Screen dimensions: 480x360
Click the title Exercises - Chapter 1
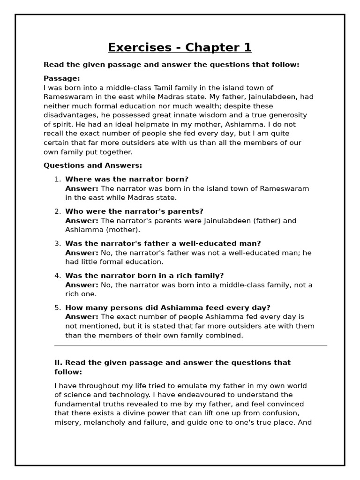[x=180, y=47]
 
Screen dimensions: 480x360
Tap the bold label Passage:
[x=62, y=78]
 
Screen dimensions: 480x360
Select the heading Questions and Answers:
[x=92, y=165]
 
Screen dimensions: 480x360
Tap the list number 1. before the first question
[x=57, y=179]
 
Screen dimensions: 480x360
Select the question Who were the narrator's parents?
[x=134, y=211]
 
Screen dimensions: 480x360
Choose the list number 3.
[x=57, y=243]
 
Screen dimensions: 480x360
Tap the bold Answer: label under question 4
[x=82, y=285]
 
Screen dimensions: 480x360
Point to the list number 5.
[x=57, y=307]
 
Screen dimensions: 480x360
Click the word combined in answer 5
[x=227, y=335]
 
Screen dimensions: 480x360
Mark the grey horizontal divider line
[x=190, y=345]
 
